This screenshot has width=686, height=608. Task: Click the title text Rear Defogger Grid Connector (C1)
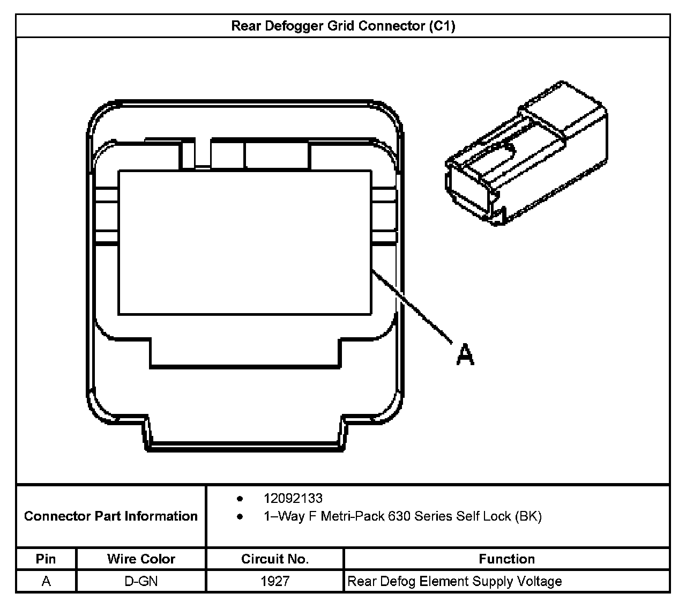(x=343, y=26)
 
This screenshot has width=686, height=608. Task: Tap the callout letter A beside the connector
(x=465, y=354)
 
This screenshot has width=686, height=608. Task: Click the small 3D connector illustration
(x=526, y=153)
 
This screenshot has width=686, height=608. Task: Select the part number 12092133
(x=293, y=498)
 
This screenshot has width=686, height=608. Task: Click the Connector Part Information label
(x=111, y=516)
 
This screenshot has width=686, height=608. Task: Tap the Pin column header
(x=46, y=559)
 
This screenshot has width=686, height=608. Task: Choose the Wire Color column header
(x=141, y=559)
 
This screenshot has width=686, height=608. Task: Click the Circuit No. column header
(x=274, y=559)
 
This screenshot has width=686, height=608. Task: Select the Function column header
(x=506, y=559)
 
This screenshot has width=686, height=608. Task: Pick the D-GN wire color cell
(x=141, y=581)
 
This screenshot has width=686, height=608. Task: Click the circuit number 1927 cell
(x=274, y=581)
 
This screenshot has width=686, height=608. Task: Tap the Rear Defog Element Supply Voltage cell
(x=454, y=581)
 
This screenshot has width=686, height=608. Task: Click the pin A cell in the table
(x=46, y=581)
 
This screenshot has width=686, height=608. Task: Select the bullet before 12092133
(x=240, y=499)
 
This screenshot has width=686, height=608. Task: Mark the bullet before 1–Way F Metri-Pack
(x=240, y=517)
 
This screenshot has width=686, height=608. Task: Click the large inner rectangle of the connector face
(x=244, y=242)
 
